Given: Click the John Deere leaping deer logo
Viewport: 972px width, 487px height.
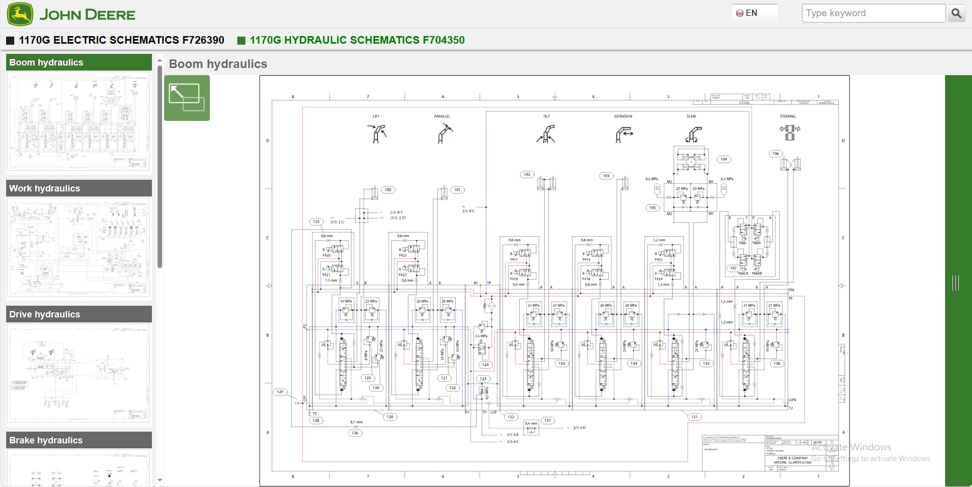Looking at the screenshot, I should pos(20,14).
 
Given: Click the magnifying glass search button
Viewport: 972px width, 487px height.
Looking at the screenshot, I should pos(956,13).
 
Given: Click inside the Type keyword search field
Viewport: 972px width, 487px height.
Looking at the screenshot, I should pos(872,13).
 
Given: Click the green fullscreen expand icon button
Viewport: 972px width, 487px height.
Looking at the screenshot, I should pos(186,98).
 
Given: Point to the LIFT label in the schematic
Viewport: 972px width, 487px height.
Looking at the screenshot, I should pos(376,116).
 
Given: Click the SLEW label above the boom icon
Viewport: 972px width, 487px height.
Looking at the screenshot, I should pos(691,116).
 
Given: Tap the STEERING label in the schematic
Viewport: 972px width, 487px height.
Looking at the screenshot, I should pos(788,116).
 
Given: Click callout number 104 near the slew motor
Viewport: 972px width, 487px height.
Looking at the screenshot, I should pos(724,159).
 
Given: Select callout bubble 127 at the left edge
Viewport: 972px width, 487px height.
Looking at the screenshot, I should pos(280,392).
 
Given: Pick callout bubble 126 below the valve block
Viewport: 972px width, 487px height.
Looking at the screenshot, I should pos(355,433).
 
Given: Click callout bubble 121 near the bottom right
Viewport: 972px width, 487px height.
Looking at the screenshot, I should pos(694,417).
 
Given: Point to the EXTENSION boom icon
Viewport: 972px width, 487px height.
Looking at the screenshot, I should pos(623,135).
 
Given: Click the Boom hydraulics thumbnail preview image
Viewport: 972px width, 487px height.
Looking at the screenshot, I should pos(79,122).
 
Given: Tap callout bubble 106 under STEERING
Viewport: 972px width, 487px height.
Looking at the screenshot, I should pos(775,153).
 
